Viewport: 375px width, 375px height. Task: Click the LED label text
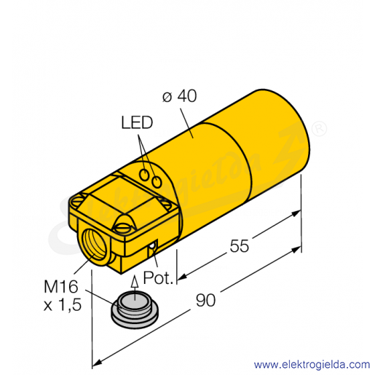[x=137, y=122]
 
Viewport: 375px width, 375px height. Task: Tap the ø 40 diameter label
[x=179, y=96]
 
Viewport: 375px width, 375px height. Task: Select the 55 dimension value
[x=240, y=246]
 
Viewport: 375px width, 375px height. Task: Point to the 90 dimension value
[x=205, y=300]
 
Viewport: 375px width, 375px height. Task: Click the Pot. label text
[x=158, y=277]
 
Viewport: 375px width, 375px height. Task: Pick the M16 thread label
[x=60, y=287]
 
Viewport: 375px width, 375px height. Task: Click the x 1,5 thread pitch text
[x=63, y=305]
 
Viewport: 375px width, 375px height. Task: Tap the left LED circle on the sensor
[x=144, y=175]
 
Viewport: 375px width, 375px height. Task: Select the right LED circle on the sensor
[x=157, y=181]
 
